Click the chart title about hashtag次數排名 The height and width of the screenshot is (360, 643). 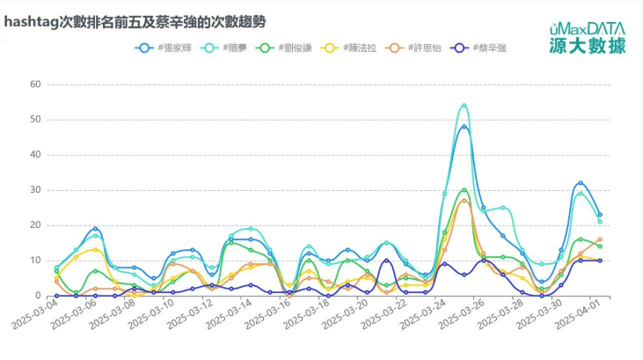click(135, 20)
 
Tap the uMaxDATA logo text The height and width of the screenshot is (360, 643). click(588, 28)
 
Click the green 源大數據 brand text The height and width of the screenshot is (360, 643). click(588, 46)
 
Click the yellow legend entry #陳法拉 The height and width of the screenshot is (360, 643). click(354, 48)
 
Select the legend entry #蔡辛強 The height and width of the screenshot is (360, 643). click(483, 48)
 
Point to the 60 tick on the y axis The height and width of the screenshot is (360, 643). click(35, 84)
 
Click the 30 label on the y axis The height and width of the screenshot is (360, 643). click(35, 190)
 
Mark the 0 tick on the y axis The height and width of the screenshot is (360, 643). click(38, 296)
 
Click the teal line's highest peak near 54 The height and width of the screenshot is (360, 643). click(464, 106)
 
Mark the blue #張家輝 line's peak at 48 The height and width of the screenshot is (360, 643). click(464, 127)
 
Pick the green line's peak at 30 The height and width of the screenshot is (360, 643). click(464, 190)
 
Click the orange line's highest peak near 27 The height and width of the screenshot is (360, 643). click(464, 201)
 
